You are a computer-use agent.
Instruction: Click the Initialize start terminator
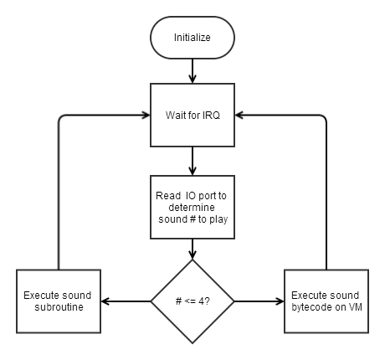point(192,38)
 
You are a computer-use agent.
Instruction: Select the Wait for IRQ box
point(192,115)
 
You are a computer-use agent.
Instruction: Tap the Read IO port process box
point(192,205)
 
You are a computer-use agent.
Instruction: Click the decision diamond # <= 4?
point(192,301)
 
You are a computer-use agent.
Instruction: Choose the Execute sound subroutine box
point(59,301)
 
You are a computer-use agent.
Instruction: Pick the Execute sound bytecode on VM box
point(326,301)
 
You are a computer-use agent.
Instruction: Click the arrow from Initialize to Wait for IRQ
point(192,70)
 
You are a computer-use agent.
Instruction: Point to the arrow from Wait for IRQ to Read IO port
point(192,160)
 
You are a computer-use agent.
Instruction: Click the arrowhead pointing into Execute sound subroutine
point(106,301)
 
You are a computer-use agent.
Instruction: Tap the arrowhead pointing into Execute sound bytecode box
point(279,301)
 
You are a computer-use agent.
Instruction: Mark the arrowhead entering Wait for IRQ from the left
point(145,115)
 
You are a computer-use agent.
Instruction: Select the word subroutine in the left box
point(59,307)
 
